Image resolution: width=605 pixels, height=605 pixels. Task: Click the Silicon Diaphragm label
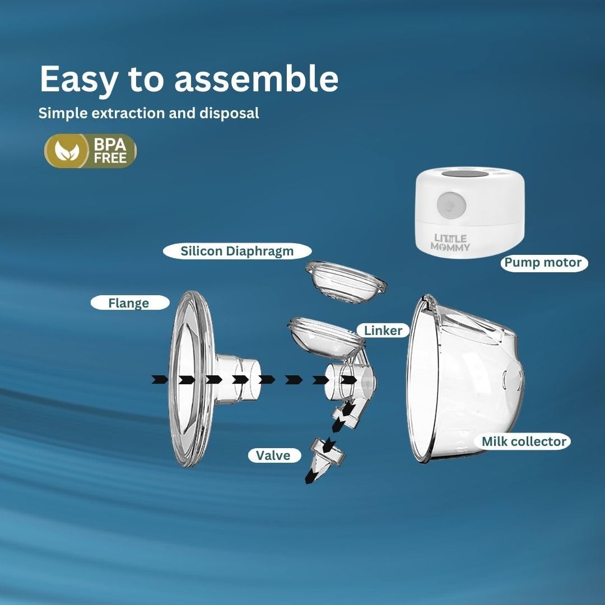click(237, 251)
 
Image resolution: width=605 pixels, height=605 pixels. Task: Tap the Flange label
click(129, 303)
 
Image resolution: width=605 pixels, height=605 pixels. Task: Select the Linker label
click(383, 331)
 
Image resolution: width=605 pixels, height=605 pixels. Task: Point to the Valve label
click(274, 455)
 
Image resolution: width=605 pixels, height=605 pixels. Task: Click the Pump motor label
click(543, 263)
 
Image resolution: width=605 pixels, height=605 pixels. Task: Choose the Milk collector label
click(524, 441)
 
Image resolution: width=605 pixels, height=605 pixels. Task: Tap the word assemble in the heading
click(256, 79)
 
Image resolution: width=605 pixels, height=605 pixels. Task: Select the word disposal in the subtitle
click(229, 113)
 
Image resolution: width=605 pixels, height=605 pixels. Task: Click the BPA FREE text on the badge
click(110, 151)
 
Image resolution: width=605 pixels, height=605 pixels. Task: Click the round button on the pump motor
click(451, 205)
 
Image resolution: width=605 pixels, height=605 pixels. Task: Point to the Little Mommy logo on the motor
click(450, 243)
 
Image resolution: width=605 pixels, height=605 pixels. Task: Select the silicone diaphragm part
click(346, 282)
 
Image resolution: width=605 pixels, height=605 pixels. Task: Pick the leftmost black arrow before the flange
click(160, 379)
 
